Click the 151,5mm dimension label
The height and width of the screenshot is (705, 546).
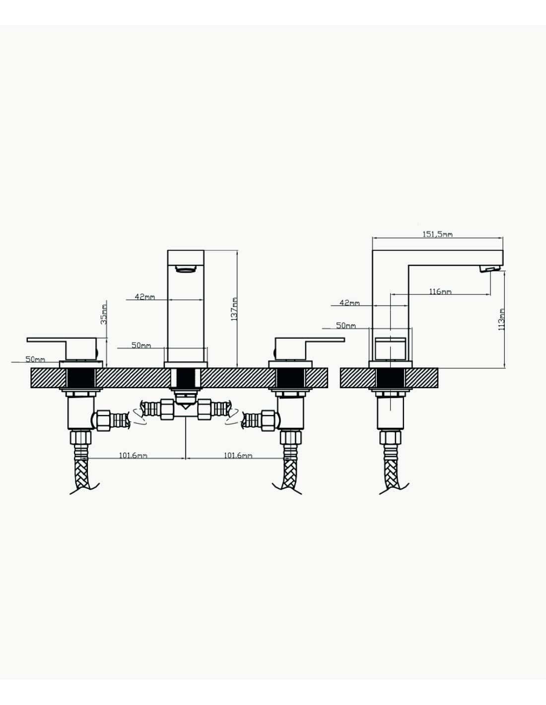point(437,234)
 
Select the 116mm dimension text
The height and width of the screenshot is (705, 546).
point(440,292)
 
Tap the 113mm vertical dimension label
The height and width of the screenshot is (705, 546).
point(501,319)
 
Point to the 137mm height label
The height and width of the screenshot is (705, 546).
point(234,309)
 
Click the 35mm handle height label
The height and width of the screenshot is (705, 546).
point(104,314)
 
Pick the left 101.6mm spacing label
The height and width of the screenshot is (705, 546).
point(133,456)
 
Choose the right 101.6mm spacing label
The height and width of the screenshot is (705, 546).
point(238,456)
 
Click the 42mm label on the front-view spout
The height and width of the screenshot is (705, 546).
point(145,297)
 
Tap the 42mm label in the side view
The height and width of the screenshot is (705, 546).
point(349,303)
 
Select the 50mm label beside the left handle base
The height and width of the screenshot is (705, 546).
point(35,359)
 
